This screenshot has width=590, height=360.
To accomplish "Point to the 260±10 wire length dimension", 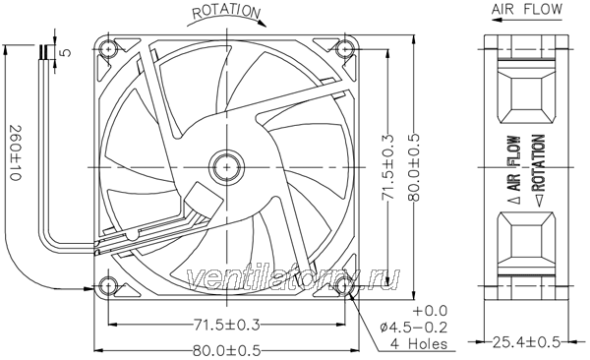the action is tap(15, 152).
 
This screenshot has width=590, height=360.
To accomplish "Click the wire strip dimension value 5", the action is tap(66, 52).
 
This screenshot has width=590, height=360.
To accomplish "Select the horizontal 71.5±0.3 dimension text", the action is tap(226, 325).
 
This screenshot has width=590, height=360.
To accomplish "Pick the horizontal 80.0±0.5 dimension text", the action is tap(226, 351).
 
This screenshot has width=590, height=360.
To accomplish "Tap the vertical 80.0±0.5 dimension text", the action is tap(414, 167).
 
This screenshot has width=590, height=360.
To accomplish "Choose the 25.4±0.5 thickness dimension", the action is tap(526, 342).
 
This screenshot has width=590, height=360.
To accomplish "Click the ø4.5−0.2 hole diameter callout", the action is tap(414, 328).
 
